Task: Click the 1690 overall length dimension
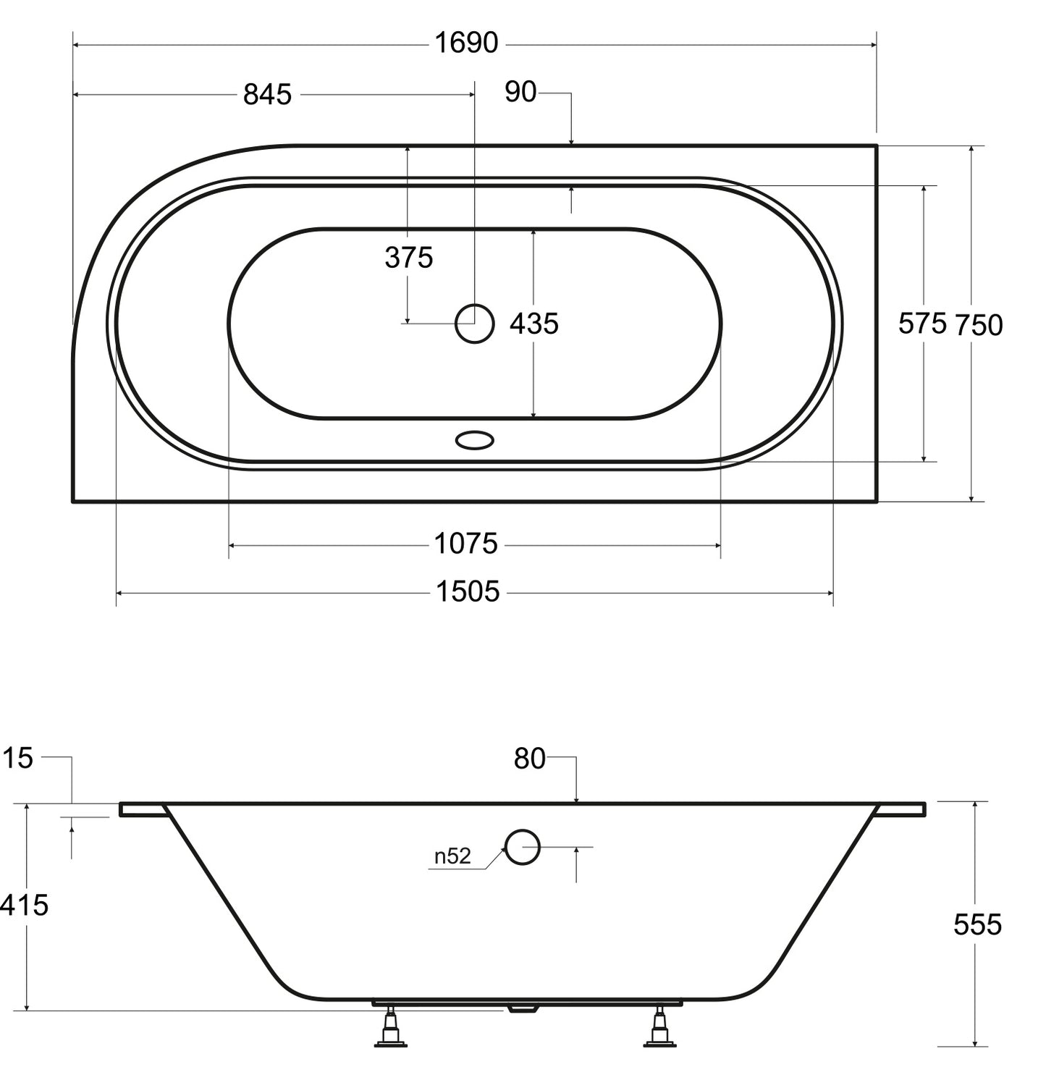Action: (466, 43)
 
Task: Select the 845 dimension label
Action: (267, 94)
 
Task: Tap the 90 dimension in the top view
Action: (520, 92)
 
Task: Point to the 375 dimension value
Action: (409, 257)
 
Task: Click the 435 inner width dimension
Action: (534, 324)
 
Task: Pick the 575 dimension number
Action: (922, 323)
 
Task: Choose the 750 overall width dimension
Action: (979, 325)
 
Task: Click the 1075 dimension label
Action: (466, 543)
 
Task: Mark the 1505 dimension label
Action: (468, 591)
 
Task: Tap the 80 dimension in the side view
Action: (530, 759)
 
